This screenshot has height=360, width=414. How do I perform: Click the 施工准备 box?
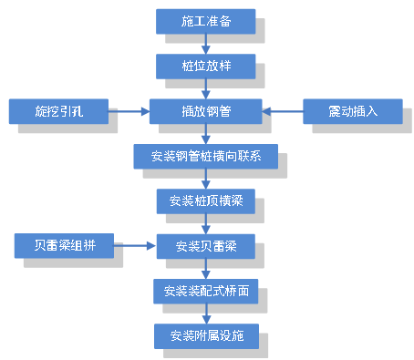pos(205,21)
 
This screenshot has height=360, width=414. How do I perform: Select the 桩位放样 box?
pos(205,66)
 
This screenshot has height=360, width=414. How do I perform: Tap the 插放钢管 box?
pos(205,111)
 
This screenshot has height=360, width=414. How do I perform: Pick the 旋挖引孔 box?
pos(58,111)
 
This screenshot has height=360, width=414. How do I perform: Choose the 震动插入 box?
pos(352,111)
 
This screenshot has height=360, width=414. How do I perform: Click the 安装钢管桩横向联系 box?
pos(205,156)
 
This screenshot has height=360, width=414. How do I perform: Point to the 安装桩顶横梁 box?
pos(205,201)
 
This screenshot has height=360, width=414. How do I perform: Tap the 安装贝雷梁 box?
pos(205,245)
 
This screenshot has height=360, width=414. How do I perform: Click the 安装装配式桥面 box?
pos(205,291)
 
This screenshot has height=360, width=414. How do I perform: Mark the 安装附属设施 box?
pos(205,335)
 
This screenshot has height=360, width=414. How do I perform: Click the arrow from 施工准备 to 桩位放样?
pos(205,44)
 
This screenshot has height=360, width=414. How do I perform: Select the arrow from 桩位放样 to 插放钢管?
pos(205,88)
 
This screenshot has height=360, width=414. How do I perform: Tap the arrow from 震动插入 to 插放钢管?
pos(283,111)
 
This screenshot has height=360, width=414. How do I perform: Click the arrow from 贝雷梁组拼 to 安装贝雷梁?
pos(135,245)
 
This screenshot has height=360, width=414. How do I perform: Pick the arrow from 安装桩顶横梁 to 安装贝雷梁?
pos(205,223)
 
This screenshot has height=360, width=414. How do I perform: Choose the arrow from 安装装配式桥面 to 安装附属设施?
pos(205,314)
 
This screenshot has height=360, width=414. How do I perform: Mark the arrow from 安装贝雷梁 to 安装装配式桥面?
pos(205,268)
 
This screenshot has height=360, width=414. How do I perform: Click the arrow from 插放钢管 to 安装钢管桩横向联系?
pos(205,134)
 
